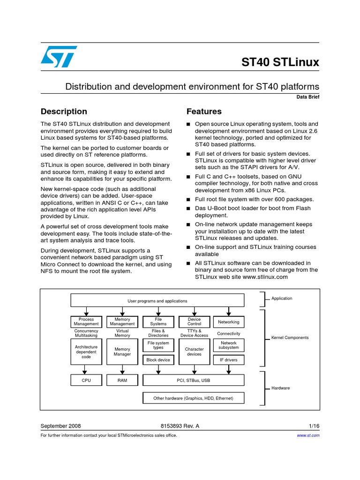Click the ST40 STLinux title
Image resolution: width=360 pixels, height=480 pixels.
[280, 62]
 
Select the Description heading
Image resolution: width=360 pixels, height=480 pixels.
[64, 112]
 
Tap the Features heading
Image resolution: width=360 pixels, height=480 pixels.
[204, 112]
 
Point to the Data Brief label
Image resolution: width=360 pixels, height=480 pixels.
[307, 97]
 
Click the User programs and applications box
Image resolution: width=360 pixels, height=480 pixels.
[157, 301]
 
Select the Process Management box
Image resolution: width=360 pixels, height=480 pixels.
[86, 322]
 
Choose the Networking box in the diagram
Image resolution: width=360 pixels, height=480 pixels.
[228, 322]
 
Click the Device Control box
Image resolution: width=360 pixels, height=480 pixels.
[194, 322]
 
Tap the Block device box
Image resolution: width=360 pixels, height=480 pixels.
[158, 360]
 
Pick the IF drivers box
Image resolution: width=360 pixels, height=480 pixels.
[228, 360]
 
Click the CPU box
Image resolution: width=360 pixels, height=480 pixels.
[86, 380]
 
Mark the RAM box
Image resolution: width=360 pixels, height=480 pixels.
[122, 380]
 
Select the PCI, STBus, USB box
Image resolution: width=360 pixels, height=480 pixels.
[193, 380]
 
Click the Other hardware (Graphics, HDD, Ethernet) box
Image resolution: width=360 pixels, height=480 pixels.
[193, 398]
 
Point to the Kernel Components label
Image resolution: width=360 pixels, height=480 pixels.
[290, 337]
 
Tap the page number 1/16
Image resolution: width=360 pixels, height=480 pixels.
[314, 426]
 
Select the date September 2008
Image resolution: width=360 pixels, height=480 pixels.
[61, 426]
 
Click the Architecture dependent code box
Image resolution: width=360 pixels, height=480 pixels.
[86, 352]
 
